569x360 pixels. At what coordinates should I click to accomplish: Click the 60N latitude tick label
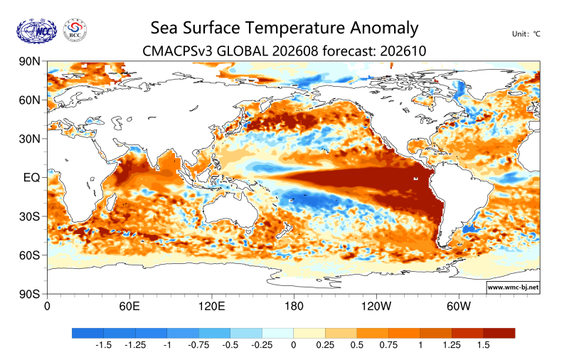(29, 100)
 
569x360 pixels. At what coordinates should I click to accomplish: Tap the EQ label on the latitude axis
(31, 177)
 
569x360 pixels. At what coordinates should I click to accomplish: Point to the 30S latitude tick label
(29, 217)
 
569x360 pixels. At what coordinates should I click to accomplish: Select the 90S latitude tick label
(29, 294)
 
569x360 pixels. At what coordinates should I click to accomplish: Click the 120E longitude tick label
(211, 307)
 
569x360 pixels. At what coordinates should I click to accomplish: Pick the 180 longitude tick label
(294, 307)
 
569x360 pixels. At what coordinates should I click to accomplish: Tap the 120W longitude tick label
(376, 307)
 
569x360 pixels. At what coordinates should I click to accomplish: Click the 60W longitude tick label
(459, 307)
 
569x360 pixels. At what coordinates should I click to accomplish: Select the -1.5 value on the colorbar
(103, 345)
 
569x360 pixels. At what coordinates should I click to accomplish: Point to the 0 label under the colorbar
(294, 345)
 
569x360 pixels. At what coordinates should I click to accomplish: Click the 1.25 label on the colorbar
(452, 345)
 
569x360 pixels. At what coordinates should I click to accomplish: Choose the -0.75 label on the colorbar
(198, 345)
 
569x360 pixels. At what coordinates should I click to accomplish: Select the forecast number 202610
(403, 51)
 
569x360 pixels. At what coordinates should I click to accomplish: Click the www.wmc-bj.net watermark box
(513, 287)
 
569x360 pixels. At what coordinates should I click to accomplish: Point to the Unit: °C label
(526, 34)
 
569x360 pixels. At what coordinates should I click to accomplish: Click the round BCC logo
(75, 31)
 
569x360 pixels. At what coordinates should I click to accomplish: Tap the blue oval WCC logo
(37, 31)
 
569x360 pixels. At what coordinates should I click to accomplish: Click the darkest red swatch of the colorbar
(499, 333)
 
